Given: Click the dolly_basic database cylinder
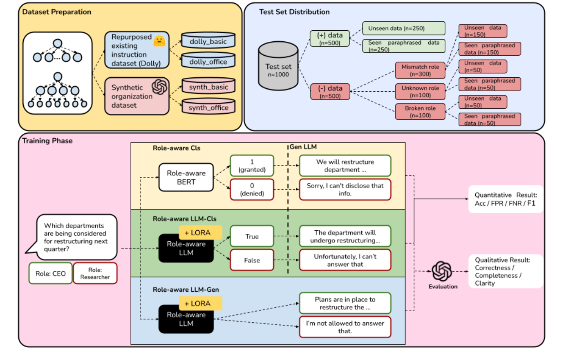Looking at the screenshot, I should pyautogui.click(x=208, y=41).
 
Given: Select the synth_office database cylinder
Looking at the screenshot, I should pyautogui.click(x=208, y=107).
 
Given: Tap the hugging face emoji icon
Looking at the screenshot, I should pyautogui.click(x=159, y=41).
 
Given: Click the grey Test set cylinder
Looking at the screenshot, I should pyautogui.click(x=278, y=67).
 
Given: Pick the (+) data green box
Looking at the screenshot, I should pyautogui.click(x=329, y=39).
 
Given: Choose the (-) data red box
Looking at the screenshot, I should pyautogui.click(x=330, y=92).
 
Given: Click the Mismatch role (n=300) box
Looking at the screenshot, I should pyautogui.click(x=420, y=70).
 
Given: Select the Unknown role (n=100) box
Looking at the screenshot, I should pyautogui.click(x=420, y=92).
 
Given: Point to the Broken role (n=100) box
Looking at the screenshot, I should pyautogui.click(x=420, y=112).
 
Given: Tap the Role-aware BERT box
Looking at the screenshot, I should pyautogui.click(x=186, y=178).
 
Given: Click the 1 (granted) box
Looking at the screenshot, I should pyautogui.click(x=252, y=166).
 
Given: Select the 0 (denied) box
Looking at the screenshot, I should pyautogui.click(x=252, y=189).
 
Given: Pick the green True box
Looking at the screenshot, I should pyautogui.click(x=252, y=236).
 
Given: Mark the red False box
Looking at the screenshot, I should pyautogui.click(x=252, y=260).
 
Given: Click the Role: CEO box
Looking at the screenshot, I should pyautogui.click(x=50, y=273).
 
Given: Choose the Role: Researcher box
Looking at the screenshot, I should pyautogui.click(x=95, y=273).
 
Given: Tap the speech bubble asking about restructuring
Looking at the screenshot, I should pyautogui.click(x=76, y=237).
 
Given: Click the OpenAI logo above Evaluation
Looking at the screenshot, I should pyautogui.click(x=442, y=271).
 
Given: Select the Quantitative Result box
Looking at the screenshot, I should pyautogui.click(x=505, y=199).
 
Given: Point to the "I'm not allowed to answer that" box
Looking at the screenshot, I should pyautogui.click(x=345, y=327).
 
